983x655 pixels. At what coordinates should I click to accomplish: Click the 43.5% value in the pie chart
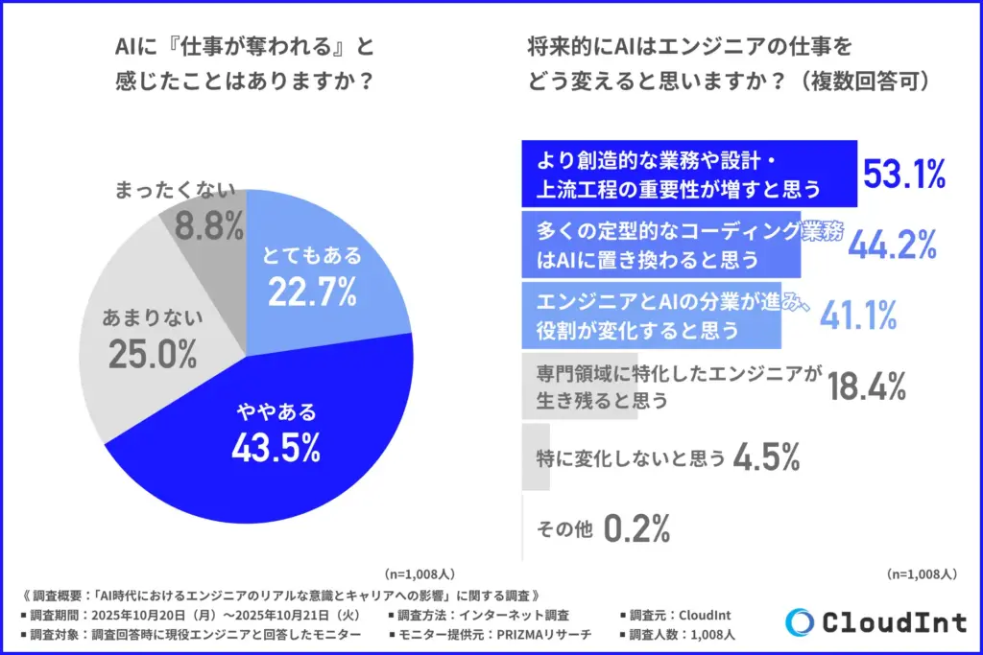pos(276,447)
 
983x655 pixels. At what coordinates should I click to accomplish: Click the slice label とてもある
pos(311,255)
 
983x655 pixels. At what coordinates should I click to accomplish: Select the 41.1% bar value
pos(858,315)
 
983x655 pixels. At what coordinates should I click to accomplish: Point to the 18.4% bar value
pos(866,386)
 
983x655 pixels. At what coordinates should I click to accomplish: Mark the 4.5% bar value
pos(766,457)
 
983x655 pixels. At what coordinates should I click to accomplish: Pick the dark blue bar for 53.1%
pos(687,175)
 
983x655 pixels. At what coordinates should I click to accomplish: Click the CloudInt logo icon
pos(800,621)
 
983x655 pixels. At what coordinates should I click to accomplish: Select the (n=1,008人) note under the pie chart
pos(418,574)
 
